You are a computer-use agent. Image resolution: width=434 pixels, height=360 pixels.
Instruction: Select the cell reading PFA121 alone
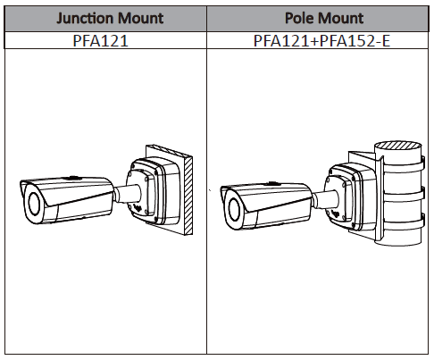click(x=101, y=40)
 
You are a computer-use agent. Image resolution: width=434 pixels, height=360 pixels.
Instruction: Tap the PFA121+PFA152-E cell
click(x=321, y=40)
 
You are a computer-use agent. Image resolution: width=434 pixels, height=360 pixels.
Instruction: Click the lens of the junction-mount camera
click(x=34, y=205)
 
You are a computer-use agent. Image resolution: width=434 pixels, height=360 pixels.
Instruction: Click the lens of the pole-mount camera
click(x=234, y=210)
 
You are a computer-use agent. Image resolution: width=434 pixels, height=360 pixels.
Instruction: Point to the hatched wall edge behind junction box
click(x=188, y=195)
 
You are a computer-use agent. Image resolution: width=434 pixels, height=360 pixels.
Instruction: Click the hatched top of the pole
click(x=398, y=146)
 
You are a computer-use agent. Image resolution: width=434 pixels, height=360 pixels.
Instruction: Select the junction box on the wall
click(x=154, y=191)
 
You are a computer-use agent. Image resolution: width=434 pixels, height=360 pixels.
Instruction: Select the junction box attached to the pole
click(x=351, y=197)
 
